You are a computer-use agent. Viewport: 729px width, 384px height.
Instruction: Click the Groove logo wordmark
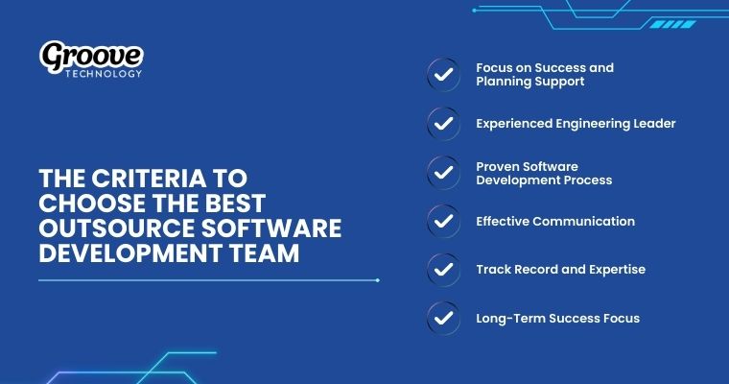pos(91,58)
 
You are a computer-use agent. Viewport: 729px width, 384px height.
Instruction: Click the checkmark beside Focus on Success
pos(442,75)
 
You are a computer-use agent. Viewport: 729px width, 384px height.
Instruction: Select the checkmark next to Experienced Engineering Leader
pos(442,124)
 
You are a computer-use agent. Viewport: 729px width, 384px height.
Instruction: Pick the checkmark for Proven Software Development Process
pos(442,173)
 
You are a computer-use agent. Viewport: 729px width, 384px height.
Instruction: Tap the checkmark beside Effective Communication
pos(442,221)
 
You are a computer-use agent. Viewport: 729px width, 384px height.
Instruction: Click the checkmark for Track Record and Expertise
pos(442,270)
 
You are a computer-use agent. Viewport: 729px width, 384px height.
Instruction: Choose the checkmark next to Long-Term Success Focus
pos(442,318)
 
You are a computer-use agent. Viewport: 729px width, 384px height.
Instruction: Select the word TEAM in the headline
pos(266,252)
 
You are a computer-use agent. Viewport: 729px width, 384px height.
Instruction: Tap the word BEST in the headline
pos(234,204)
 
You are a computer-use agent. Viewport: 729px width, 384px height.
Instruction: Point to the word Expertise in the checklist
pos(611,270)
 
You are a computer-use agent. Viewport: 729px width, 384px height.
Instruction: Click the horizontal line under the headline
pos(208,280)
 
